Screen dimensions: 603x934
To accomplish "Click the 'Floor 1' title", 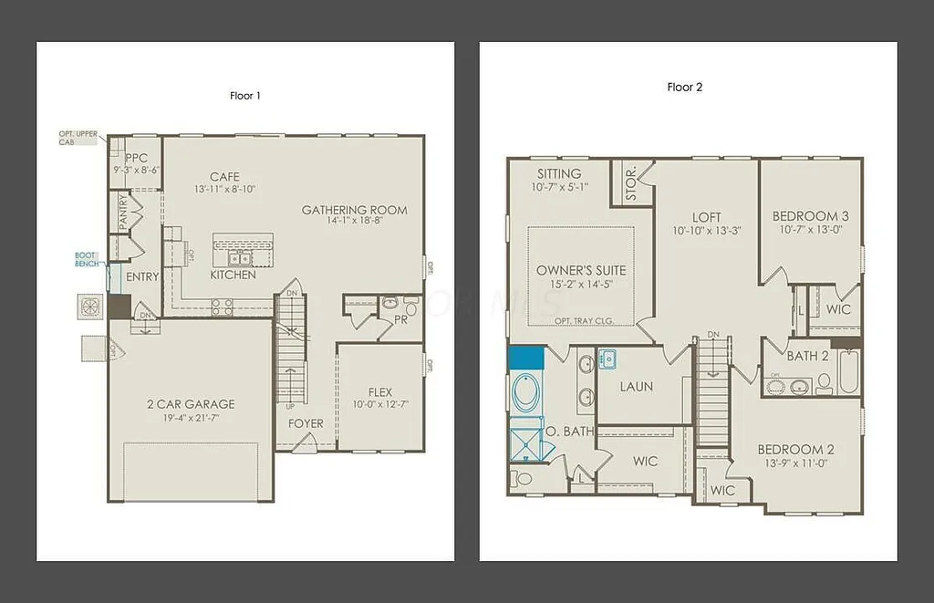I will pyautogui.click(x=245, y=95).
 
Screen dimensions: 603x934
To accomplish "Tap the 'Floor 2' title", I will pyautogui.click(x=685, y=88).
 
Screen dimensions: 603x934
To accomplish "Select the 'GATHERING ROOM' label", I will pyautogui.click(x=355, y=210).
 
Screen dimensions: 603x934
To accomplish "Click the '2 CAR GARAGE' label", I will pyautogui.click(x=192, y=404).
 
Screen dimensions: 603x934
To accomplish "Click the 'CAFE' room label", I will pyautogui.click(x=224, y=177).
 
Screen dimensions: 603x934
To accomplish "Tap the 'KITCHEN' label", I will pyautogui.click(x=233, y=275).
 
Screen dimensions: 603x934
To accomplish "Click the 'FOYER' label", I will pyautogui.click(x=306, y=423).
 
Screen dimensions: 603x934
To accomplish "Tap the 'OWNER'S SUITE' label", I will pyautogui.click(x=581, y=270).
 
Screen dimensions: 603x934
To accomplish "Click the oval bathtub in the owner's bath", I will pyautogui.click(x=526, y=393).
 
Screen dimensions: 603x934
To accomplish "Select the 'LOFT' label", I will pyautogui.click(x=706, y=217).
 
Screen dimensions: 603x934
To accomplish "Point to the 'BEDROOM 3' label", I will pyautogui.click(x=810, y=216).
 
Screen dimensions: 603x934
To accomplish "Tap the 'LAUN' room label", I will pyautogui.click(x=636, y=386).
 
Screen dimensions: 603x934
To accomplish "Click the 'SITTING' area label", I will pyautogui.click(x=558, y=173).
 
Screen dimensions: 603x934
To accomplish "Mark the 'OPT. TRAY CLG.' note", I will pyautogui.click(x=581, y=321).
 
